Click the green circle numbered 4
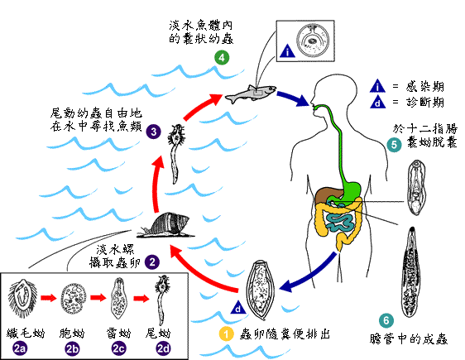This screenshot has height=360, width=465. point(221,57)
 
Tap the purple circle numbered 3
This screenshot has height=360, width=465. point(153,131)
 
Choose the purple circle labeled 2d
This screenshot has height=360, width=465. point(164,349)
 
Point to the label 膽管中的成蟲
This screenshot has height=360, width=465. point(414,338)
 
